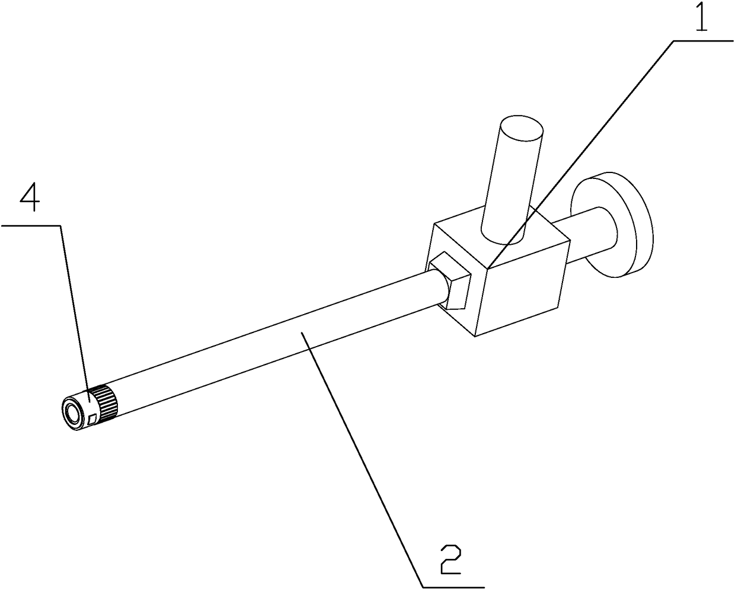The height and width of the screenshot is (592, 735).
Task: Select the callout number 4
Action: pyautogui.click(x=30, y=200)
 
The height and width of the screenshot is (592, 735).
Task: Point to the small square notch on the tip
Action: pyautogui.click(x=91, y=419)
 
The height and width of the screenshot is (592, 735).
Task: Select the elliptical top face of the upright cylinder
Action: pyautogui.click(x=521, y=129)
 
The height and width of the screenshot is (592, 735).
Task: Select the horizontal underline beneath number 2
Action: pyautogui.click(x=453, y=587)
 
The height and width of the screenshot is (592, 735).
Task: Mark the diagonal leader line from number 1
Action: pyautogui.click(x=581, y=154)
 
